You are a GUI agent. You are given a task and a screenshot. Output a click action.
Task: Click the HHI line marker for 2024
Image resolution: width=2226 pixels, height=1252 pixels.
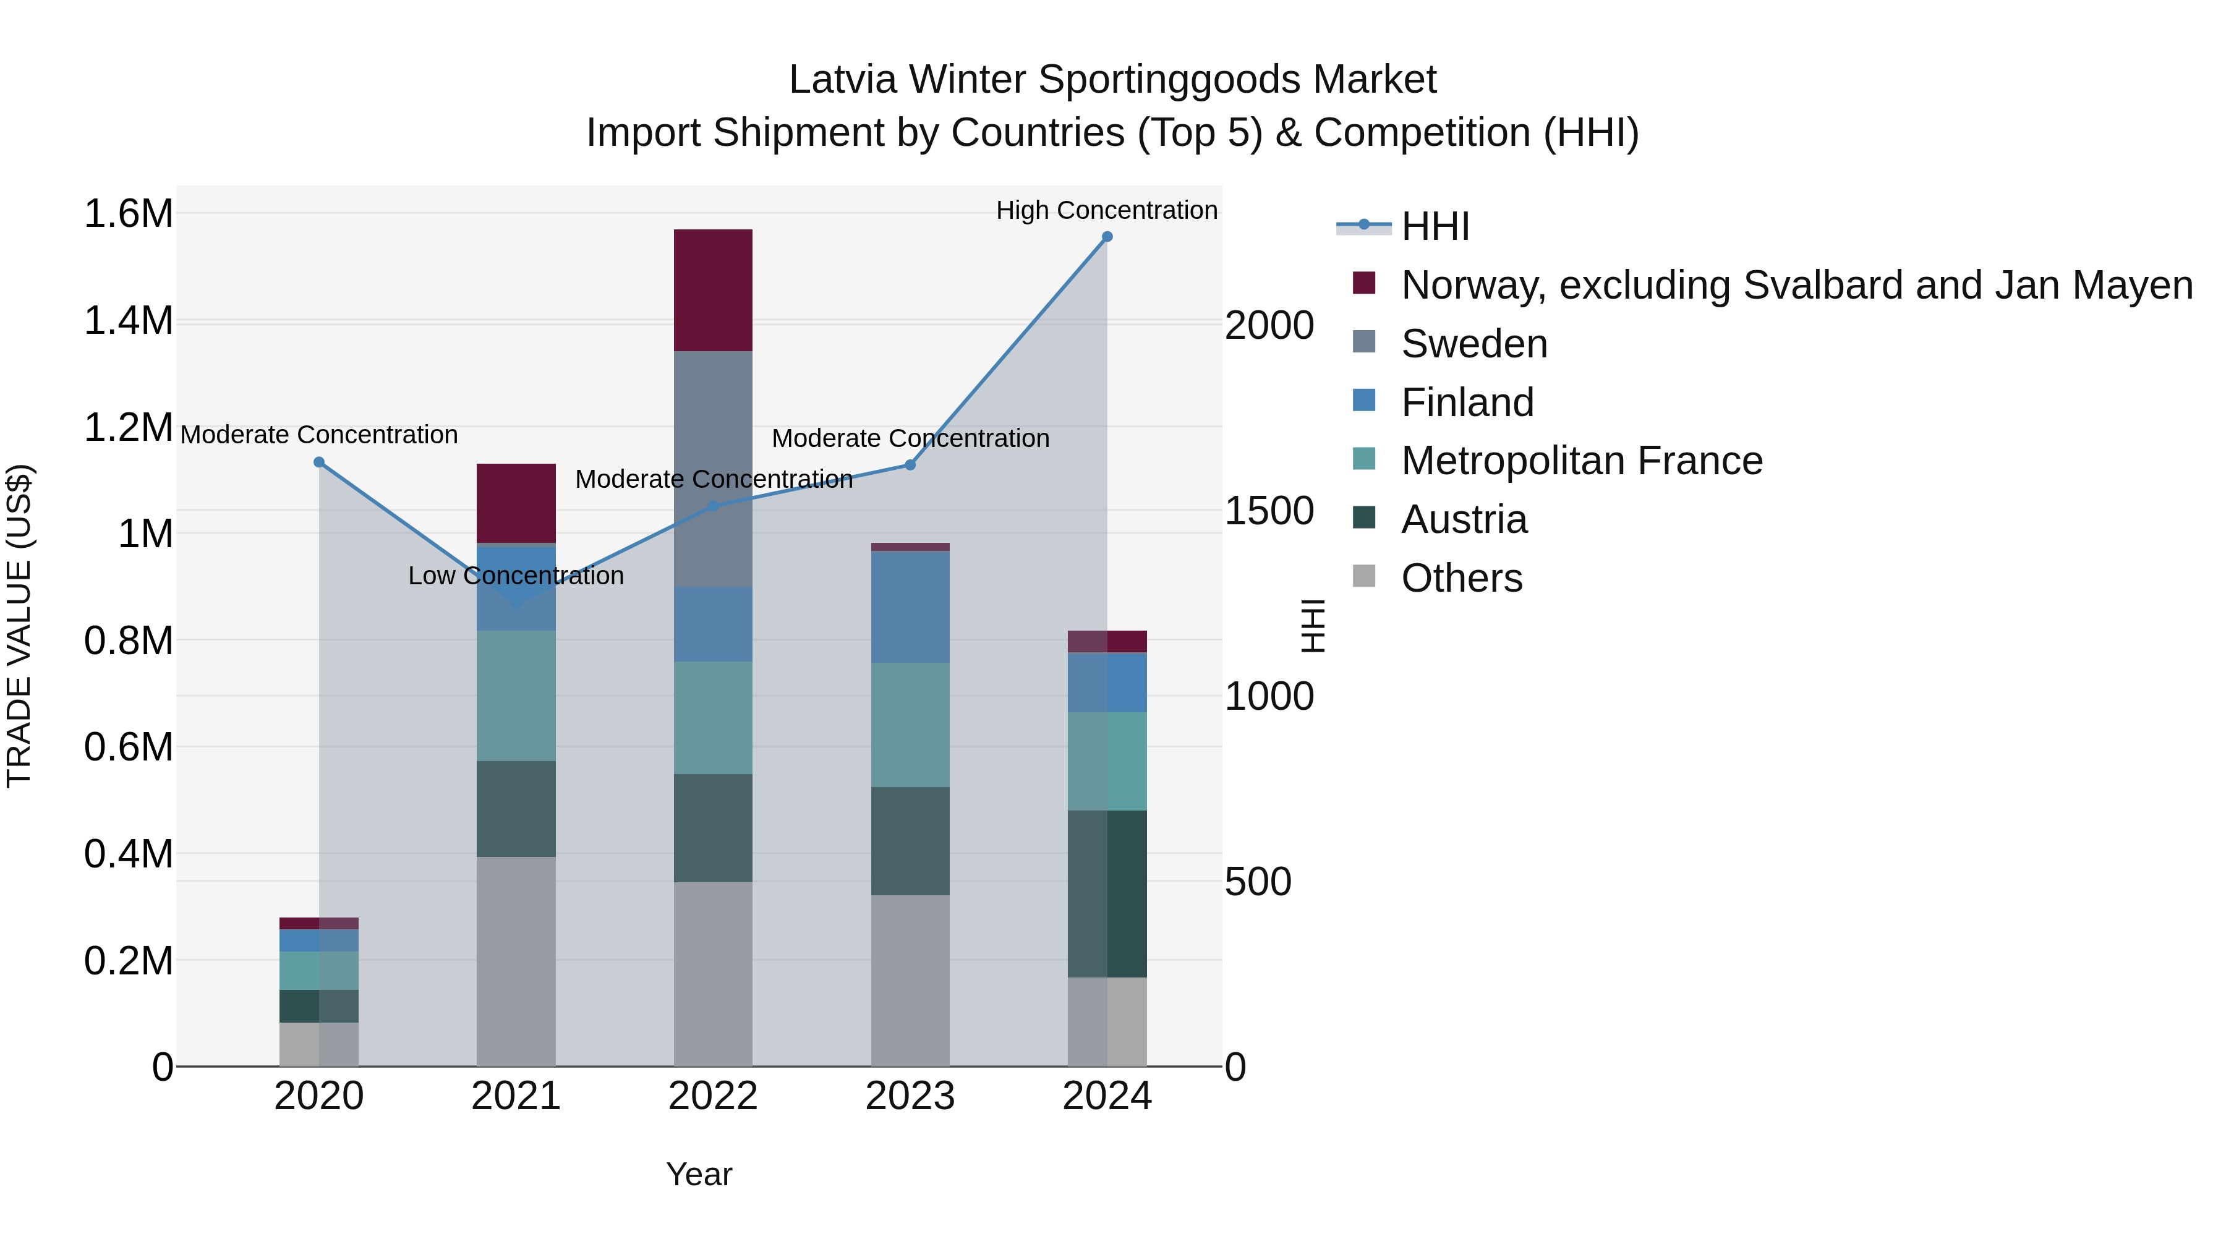click(x=1107, y=237)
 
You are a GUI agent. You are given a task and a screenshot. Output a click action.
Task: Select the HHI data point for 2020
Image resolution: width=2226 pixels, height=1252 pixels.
click(x=319, y=462)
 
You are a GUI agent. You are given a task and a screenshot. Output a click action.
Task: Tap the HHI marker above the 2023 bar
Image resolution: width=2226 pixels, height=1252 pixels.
click(x=910, y=465)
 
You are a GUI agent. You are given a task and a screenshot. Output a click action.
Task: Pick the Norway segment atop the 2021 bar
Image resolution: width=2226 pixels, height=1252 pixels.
click(x=516, y=503)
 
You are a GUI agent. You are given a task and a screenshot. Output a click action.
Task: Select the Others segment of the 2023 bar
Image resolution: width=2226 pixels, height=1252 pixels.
click(x=910, y=980)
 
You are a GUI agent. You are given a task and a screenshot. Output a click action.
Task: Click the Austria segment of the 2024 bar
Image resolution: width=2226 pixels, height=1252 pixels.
click(x=1107, y=893)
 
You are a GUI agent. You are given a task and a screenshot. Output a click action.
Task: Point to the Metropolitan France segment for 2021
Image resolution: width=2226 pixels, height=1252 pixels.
click(x=516, y=696)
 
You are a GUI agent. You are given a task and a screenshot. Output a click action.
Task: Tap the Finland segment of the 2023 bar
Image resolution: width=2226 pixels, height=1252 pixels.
click(x=910, y=607)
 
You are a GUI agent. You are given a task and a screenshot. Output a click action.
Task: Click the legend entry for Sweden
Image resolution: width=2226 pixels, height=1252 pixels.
click(x=1473, y=344)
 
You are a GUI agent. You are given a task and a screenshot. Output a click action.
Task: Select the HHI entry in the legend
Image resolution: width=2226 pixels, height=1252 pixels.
click(x=1435, y=226)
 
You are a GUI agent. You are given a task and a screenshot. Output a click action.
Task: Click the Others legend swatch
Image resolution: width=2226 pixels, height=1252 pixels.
click(x=1363, y=576)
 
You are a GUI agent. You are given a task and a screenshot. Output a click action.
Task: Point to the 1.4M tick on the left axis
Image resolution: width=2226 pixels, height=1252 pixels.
click(x=128, y=320)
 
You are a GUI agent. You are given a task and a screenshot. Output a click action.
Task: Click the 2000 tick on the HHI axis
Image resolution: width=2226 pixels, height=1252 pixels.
click(x=1269, y=326)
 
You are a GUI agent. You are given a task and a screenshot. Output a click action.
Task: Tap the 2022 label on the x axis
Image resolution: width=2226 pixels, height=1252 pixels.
click(x=713, y=1096)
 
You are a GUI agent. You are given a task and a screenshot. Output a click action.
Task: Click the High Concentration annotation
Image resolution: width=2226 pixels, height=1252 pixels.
click(x=1106, y=210)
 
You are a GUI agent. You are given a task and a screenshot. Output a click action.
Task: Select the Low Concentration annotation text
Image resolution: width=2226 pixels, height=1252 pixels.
click(x=516, y=576)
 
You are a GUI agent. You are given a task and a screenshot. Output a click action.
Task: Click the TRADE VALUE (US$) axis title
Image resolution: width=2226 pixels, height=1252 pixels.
click(x=19, y=626)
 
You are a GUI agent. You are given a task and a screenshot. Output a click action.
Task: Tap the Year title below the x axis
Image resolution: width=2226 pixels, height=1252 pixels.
click(x=699, y=1174)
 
